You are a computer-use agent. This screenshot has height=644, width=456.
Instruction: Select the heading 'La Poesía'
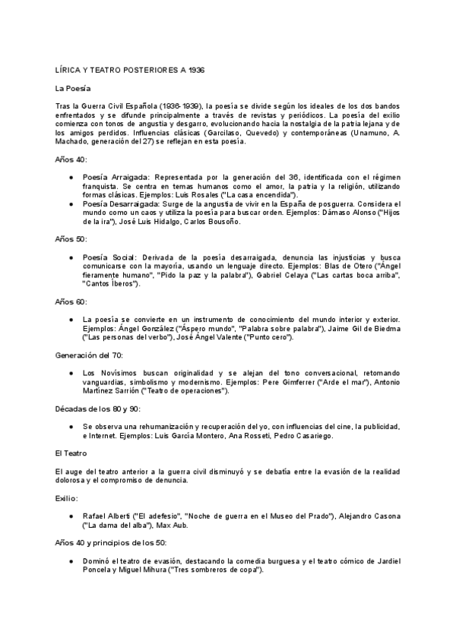point(74,88)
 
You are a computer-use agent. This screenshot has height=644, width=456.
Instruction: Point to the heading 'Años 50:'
point(71,238)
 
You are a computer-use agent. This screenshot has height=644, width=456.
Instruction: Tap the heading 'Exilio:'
point(68,499)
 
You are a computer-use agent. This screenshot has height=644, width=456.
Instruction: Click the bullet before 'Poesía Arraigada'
point(71,177)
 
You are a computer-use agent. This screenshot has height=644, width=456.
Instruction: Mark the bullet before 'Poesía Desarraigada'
point(71,204)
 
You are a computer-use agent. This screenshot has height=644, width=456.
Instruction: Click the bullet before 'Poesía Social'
point(71,257)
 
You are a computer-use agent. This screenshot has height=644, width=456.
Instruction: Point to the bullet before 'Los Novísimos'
point(71,373)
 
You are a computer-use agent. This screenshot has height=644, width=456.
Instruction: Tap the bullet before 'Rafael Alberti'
point(71,516)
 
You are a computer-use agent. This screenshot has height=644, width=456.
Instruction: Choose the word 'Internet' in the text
point(106,436)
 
